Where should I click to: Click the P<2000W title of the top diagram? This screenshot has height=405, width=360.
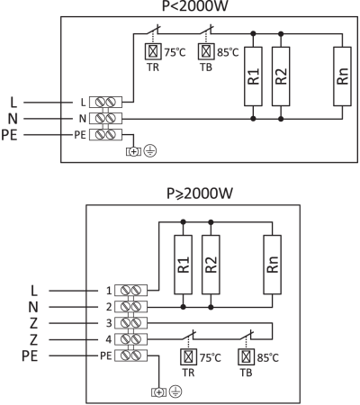[x=195, y=6]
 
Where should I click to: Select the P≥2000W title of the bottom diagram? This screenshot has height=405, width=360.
[x=200, y=193]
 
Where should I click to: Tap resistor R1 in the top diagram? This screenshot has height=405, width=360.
[x=253, y=76]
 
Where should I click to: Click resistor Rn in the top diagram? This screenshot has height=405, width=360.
[x=342, y=76]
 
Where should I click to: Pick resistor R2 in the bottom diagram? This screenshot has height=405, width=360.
[x=211, y=265]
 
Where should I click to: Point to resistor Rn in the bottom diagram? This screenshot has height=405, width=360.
[x=273, y=265]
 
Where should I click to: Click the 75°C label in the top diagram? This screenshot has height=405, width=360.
[x=175, y=52]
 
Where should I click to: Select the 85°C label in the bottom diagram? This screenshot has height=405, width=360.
[x=268, y=357]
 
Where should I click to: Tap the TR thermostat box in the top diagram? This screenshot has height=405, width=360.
[x=153, y=51]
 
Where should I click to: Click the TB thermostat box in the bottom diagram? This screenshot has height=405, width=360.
[x=247, y=356]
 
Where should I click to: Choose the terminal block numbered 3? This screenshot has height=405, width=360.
[x=131, y=323]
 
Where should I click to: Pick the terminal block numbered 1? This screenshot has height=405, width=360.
[x=131, y=291]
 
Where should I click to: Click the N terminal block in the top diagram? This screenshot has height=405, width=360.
[x=105, y=119]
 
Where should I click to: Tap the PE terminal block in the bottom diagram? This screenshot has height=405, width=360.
[x=131, y=355]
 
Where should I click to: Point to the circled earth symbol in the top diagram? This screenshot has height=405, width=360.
[x=150, y=151]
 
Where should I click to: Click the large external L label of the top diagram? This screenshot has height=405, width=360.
[x=13, y=103]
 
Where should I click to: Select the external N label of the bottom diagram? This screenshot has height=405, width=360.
[x=33, y=307]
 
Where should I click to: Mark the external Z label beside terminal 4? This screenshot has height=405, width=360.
[x=33, y=339]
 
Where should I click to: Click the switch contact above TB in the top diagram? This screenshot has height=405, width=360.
[x=207, y=30]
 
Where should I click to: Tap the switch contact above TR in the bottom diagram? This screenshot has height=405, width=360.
[x=189, y=335]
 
